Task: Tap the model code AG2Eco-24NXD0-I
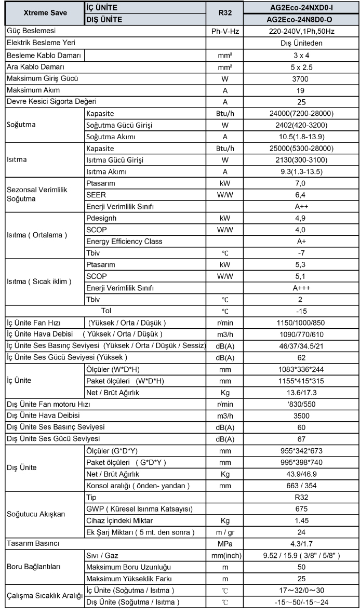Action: pyautogui.click(x=301, y=8)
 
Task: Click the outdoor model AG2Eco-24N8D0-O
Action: pyautogui.click(x=301, y=19)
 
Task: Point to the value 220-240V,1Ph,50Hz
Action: pyautogui.click(x=301, y=31)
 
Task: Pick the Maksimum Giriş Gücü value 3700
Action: pyautogui.click(x=301, y=78)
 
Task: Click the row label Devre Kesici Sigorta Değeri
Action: pyautogui.click(x=51, y=102)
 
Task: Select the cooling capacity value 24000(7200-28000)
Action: pyautogui.click(x=301, y=113)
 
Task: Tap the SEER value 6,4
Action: pyautogui.click(x=301, y=195)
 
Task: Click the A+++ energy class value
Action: pyautogui.click(x=301, y=288)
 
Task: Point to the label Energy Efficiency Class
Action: pyautogui.click(x=124, y=241)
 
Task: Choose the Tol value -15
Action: pyautogui.click(x=301, y=311)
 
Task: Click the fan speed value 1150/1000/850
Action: pyautogui.click(x=301, y=323)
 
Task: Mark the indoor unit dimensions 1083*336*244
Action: pyautogui.click(x=301, y=369)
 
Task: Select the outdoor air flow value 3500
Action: pyautogui.click(x=301, y=416)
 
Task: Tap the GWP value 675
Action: pyautogui.click(x=301, y=508)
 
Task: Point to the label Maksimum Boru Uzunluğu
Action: pyautogui.click(x=128, y=567)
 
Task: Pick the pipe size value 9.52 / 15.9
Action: pyautogui.click(x=301, y=555)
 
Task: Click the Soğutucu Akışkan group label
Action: pyautogui.click(x=36, y=514)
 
